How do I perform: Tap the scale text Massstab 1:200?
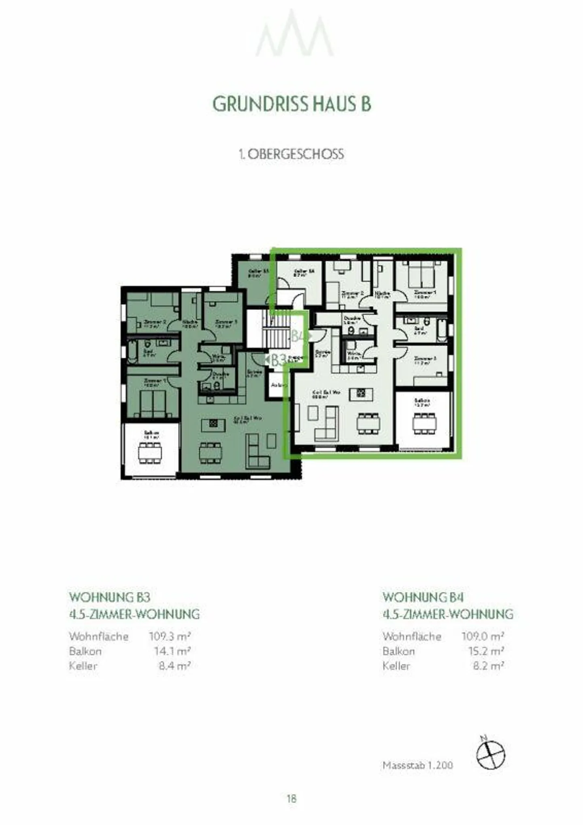[x=417, y=765]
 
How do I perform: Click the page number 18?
[x=291, y=798]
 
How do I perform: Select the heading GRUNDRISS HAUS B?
[x=291, y=104]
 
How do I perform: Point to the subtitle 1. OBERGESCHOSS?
[x=291, y=154]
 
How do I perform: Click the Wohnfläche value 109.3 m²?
[x=170, y=636]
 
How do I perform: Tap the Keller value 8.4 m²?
[x=174, y=666]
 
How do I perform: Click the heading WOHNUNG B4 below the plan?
[x=423, y=597]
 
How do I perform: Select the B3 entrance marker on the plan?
[x=277, y=360]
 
